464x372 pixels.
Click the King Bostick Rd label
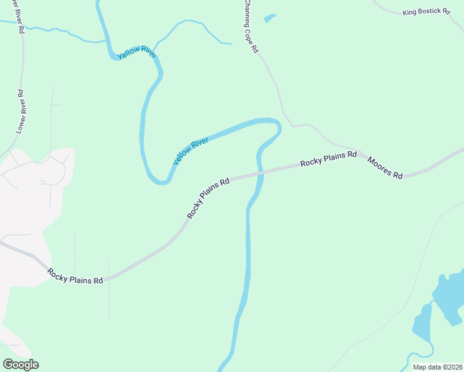point(426,12)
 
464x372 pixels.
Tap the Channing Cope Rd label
point(250,27)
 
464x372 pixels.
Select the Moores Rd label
point(385,167)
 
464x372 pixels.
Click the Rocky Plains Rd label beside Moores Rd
point(329,159)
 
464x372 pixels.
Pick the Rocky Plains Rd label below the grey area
point(75,276)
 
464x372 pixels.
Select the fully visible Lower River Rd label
point(20,112)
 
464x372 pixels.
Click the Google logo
point(20,365)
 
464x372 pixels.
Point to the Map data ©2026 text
point(437,367)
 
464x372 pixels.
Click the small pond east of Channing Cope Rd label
point(269,19)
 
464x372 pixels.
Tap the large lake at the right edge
point(450,294)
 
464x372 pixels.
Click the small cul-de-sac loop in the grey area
point(43,182)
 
